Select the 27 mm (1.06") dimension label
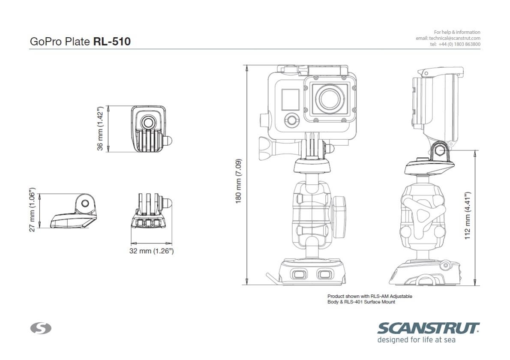coord(32,210)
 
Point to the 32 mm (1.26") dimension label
coord(151,251)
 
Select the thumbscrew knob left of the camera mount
coord(268,147)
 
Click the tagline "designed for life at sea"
coord(416,340)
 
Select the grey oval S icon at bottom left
coord(41,328)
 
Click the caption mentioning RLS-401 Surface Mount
coord(361,302)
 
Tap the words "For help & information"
coord(457,32)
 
